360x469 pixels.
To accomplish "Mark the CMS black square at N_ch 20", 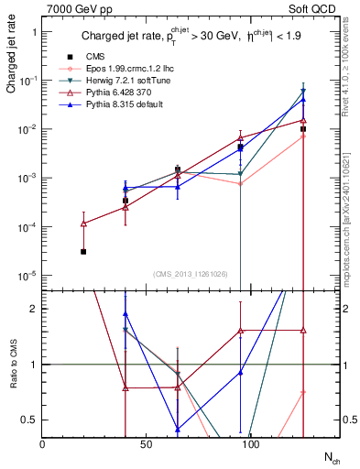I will click(82, 251).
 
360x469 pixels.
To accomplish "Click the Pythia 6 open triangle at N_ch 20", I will click(82, 224).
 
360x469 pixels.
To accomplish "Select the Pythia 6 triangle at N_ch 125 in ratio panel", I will click(303, 331).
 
